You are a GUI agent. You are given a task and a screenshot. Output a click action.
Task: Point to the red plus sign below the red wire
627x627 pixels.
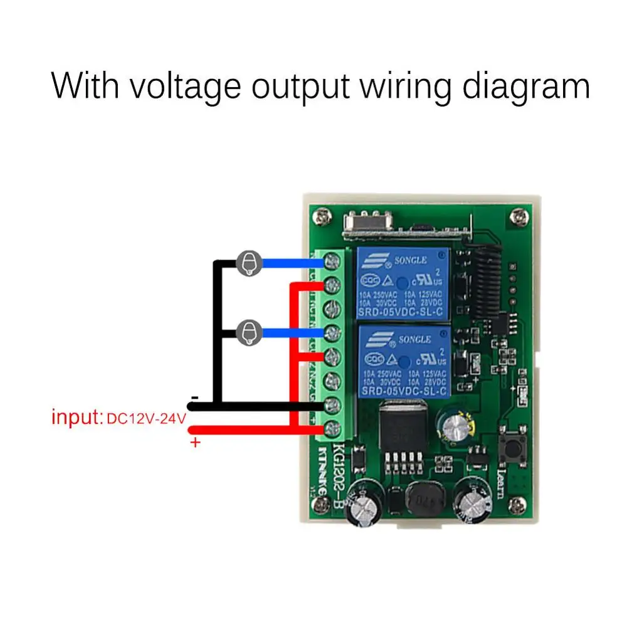[x=195, y=443]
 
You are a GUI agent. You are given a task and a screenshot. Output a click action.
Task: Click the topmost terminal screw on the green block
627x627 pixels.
[x=332, y=263]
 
